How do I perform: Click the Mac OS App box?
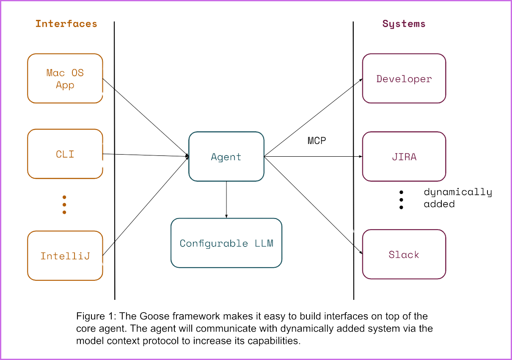click(65, 78)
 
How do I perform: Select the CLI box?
click(65, 154)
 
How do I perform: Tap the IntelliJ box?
click(65, 255)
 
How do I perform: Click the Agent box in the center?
click(226, 157)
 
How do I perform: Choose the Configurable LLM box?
click(226, 243)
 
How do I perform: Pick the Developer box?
click(404, 78)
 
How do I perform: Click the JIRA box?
click(404, 157)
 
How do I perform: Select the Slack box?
click(404, 254)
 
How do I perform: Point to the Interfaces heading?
click(66, 24)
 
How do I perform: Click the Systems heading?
click(404, 24)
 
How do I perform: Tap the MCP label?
click(317, 141)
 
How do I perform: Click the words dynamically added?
click(457, 197)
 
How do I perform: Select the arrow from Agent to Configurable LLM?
click(226, 199)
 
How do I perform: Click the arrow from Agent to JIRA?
click(313, 156)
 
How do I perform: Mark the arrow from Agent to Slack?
click(313, 205)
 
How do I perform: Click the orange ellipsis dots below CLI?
click(64, 205)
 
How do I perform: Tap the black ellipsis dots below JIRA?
click(401, 199)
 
